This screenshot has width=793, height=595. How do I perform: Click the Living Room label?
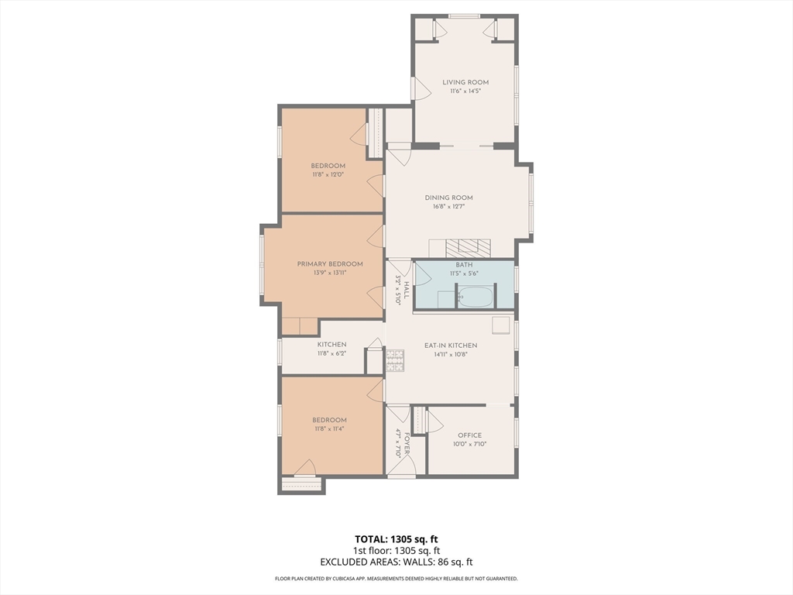(465, 82)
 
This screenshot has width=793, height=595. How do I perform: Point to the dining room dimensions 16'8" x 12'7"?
(448, 207)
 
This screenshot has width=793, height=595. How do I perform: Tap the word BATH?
(464, 265)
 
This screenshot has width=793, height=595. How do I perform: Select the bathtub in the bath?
(475, 297)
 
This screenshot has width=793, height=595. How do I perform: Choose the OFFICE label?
(469, 435)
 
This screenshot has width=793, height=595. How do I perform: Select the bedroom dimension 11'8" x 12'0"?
(328, 175)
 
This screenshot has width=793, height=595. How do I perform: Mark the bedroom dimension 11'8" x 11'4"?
(329, 429)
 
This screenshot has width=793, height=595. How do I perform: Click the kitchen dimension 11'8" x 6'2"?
(331, 353)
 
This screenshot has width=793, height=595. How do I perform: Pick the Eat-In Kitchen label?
(451, 346)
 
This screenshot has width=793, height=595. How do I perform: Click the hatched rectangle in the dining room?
(468, 248)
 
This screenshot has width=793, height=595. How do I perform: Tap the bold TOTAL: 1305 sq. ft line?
(396, 539)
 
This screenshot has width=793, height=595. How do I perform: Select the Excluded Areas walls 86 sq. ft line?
(396, 562)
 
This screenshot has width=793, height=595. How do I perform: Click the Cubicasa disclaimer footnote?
(396, 579)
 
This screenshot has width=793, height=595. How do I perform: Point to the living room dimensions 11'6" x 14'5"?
(465, 91)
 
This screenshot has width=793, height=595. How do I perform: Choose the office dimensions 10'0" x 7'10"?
(469, 445)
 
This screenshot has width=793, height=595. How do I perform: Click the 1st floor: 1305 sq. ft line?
(396, 551)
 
